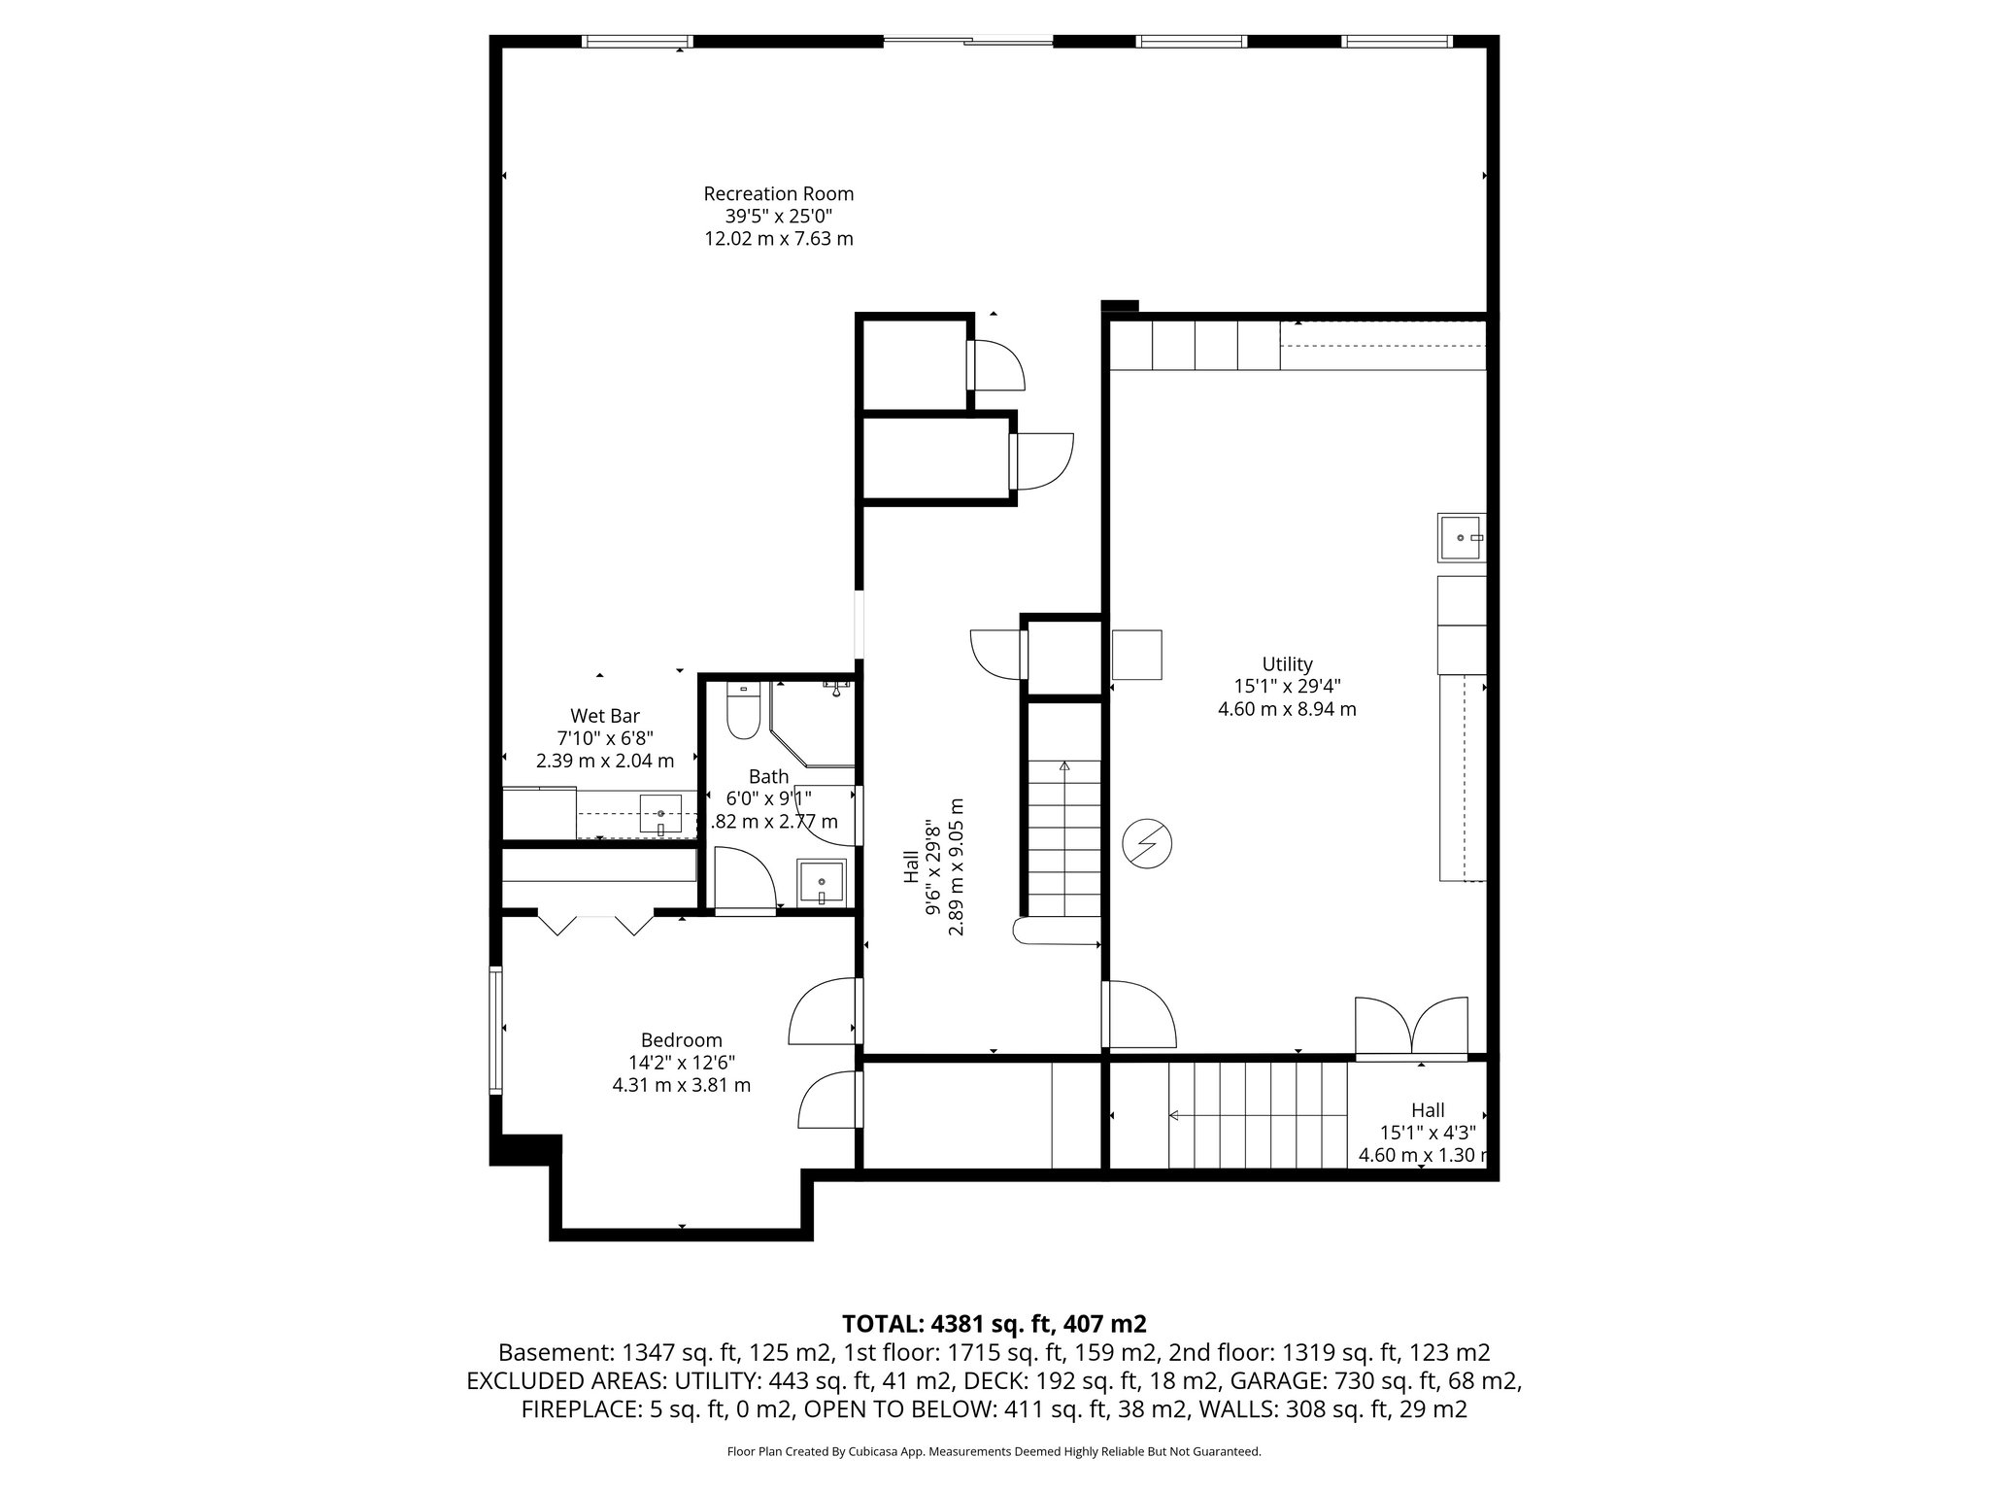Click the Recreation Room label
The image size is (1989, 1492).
778,194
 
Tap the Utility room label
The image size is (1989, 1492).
1287,664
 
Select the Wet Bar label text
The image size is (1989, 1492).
604,717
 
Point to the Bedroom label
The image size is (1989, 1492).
681,1040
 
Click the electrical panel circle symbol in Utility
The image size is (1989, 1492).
1147,844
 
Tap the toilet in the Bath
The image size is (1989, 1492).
743,714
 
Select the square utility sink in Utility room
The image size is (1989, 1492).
1461,537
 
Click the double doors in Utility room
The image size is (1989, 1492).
1411,1027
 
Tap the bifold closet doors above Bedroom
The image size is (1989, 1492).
595,923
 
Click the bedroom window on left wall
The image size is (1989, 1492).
495,1031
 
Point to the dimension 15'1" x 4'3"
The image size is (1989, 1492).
1427,1133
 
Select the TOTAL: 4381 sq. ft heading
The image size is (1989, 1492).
994,1323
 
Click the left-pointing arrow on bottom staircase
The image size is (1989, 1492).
1174,1115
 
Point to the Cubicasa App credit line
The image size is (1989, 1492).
994,1451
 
